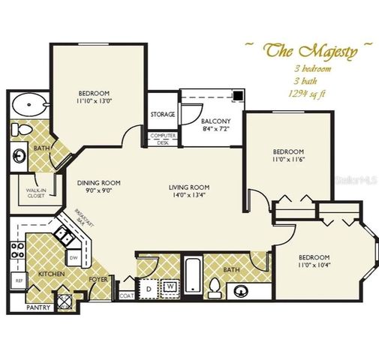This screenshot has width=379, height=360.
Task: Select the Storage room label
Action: tap(162, 115)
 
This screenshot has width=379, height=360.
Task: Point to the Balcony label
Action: tap(215, 121)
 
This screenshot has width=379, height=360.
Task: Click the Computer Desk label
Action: tap(162, 138)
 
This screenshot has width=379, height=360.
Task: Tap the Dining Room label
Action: tap(99, 183)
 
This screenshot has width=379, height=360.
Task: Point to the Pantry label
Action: tap(38, 307)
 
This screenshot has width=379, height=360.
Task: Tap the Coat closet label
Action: tap(125, 296)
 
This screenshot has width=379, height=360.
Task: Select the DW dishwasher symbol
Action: tap(74, 258)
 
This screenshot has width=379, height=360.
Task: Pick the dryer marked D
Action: tap(149, 287)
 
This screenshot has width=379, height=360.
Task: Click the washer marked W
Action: tap(170, 286)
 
